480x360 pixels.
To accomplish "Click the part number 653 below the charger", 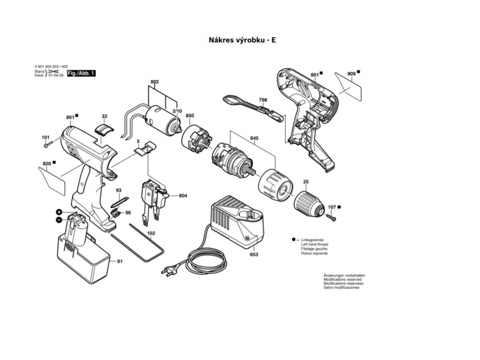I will pos(254,255).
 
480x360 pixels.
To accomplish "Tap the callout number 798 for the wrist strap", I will pos(263,100).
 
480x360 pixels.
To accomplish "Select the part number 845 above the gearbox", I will pos(254,138).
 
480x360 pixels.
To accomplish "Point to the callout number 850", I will pos(190,116).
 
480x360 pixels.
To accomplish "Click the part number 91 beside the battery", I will pos(120,261).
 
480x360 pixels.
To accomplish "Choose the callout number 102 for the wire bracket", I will pos(151,233).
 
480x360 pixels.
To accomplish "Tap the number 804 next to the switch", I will pos(183,195).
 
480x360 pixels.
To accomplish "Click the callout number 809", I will pos(351,73).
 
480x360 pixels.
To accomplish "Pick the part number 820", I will pos(46,164).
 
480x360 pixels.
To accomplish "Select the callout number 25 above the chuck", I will pos(306,181).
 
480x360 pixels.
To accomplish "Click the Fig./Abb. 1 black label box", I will pos(81,74).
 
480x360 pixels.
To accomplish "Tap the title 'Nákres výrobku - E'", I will pos(242,40).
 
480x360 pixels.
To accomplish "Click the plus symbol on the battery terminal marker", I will pos(60,212).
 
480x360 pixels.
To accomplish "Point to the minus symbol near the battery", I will pos(59,219).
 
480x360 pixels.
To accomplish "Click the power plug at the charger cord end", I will pos(167,270).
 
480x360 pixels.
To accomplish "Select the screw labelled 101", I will pos(47,146).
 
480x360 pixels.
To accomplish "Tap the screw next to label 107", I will pos(331,217).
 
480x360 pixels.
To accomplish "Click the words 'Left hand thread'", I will pos(314,244).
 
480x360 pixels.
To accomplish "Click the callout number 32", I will pos(104,116).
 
